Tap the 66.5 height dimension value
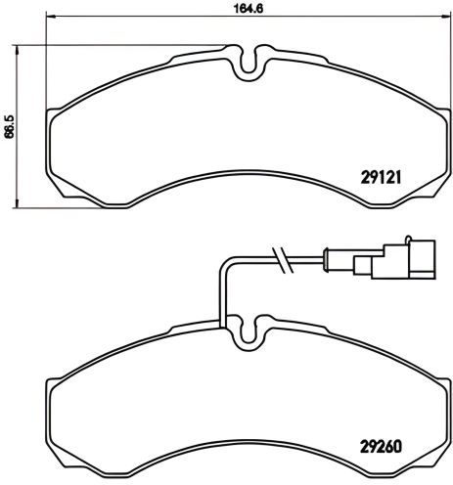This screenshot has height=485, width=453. [x=9, y=128]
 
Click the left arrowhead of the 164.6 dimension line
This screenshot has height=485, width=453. [x=50, y=18]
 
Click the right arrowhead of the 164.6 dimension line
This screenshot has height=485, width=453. [x=436, y=18]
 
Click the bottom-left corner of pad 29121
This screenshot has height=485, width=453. [x=56, y=191]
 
